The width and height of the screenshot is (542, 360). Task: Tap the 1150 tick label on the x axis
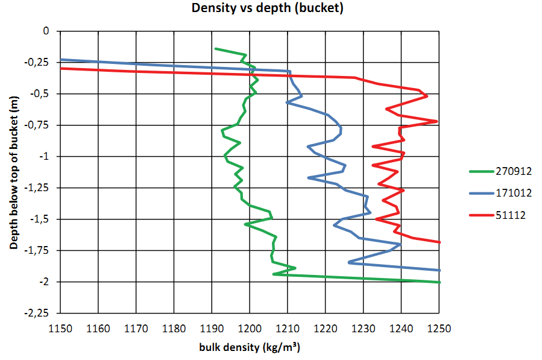point(60,329)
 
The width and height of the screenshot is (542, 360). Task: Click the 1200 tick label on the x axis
point(250,329)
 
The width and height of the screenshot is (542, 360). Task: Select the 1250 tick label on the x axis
point(440,329)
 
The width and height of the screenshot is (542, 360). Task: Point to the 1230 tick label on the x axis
point(364,329)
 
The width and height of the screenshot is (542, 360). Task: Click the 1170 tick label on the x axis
point(136,329)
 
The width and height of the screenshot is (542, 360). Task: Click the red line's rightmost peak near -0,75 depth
point(436,121)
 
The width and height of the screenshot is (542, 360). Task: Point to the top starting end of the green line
point(215,49)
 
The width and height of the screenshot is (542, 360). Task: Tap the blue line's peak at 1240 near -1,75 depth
point(401,244)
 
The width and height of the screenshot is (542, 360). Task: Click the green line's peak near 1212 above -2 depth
point(295,267)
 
